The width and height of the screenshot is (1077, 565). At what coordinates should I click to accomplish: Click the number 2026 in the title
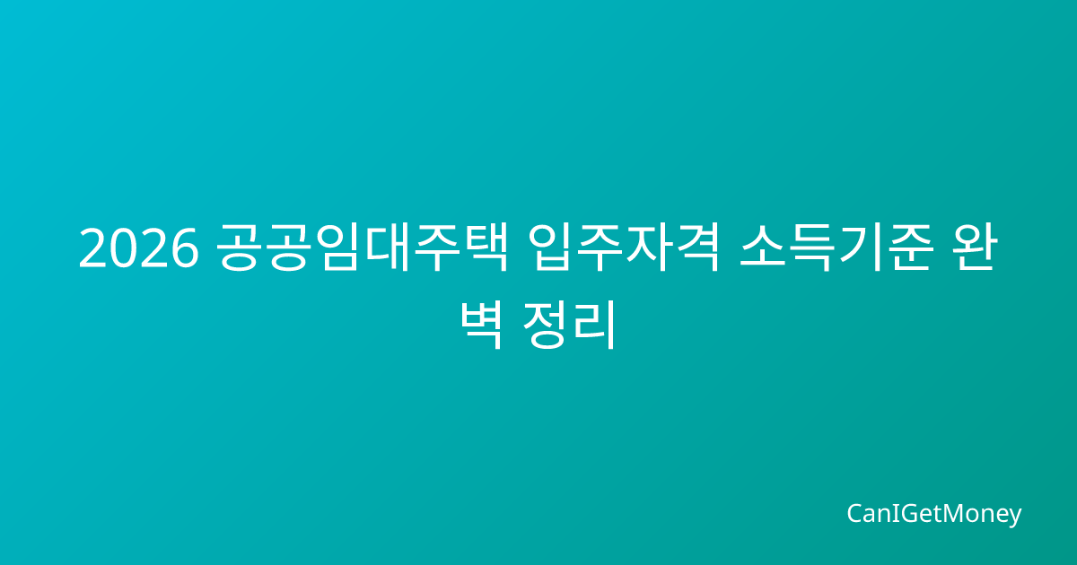(139, 248)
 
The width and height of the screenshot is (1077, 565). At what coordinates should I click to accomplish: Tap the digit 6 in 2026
(184, 248)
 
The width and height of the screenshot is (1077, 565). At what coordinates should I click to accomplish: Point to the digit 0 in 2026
(124, 248)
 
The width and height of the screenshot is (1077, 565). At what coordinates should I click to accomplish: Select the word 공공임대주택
(362, 248)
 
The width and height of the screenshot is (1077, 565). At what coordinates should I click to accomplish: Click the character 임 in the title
(339, 248)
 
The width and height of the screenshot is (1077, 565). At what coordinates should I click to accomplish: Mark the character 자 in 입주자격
(649, 248)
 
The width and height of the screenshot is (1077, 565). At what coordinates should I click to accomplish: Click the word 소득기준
(836, 248)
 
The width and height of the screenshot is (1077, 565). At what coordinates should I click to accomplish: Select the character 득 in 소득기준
(812, 248)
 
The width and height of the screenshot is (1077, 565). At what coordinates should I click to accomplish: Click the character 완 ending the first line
(976, 248)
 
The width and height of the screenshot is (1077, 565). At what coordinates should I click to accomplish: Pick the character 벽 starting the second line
(482, 325)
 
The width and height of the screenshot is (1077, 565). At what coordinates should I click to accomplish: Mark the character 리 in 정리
(594, 325)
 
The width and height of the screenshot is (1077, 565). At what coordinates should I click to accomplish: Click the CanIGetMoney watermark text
(933, 514)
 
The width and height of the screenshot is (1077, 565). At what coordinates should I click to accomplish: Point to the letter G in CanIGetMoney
(904, 513)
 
